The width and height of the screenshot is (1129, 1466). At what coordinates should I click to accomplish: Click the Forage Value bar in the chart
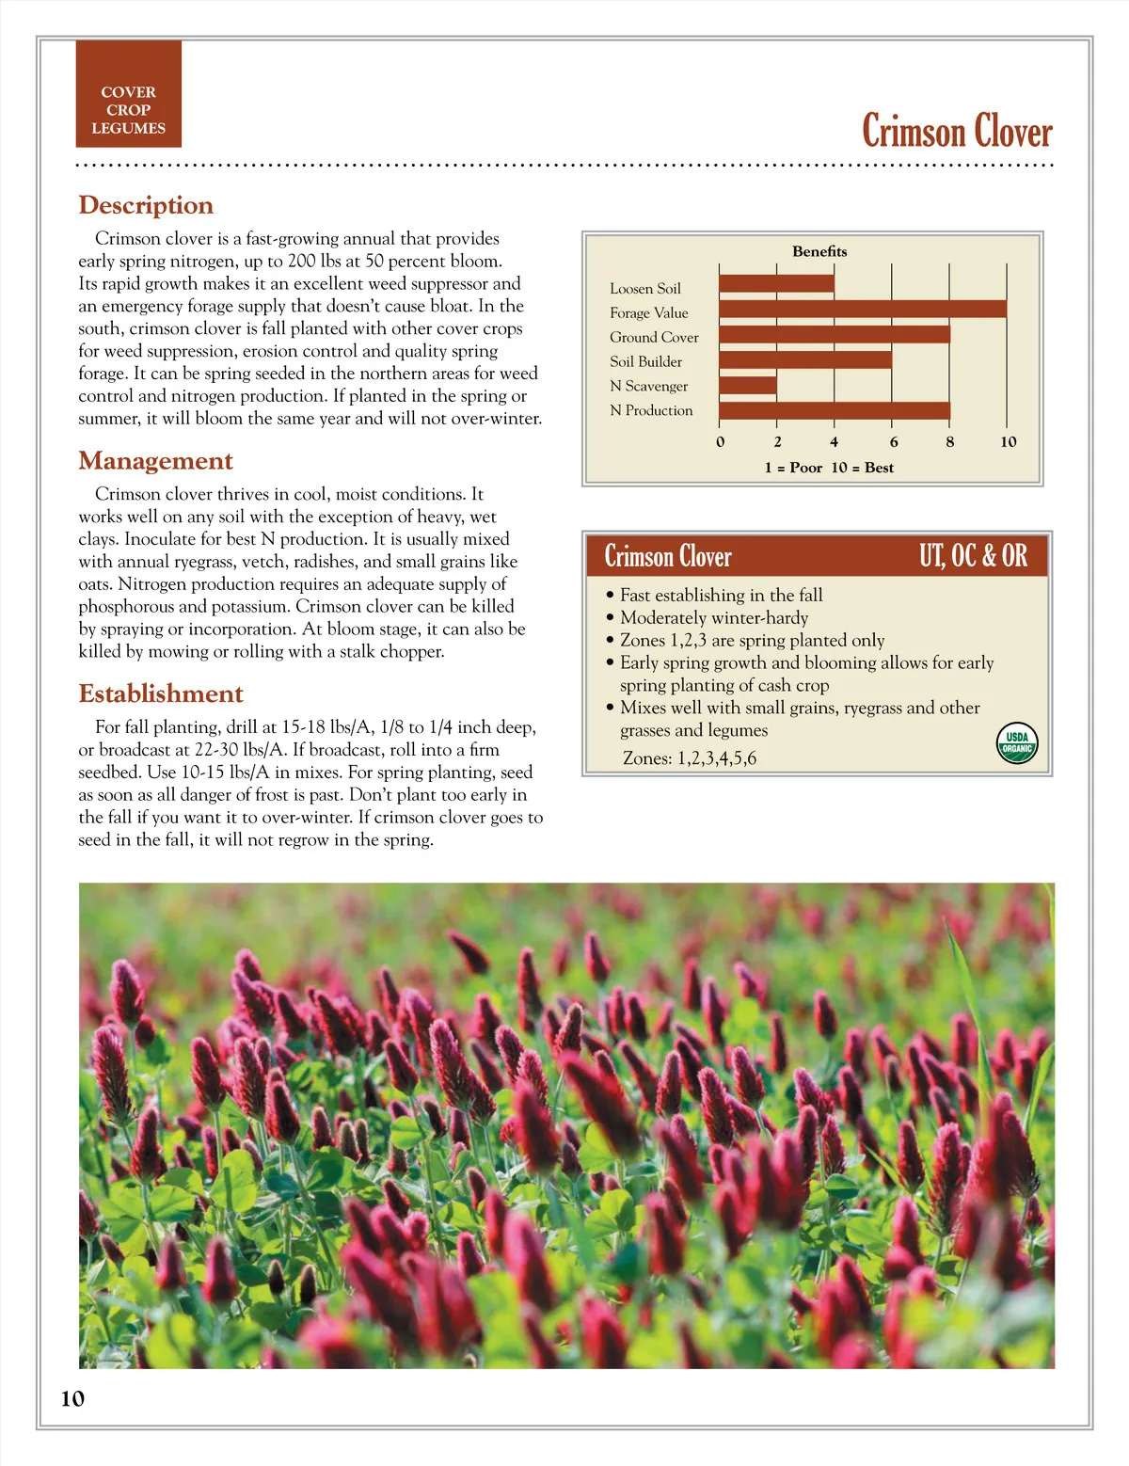pos(862,309)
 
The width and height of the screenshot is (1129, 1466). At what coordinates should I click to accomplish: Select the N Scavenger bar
pos(748,385)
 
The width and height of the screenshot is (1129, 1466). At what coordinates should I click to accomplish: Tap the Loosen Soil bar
pos(776,283)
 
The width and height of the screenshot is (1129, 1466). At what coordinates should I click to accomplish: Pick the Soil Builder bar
pos(805,359)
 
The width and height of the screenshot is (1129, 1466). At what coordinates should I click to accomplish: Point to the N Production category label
pos(651,410)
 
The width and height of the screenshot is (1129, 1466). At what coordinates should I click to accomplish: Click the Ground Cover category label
pos(654,337)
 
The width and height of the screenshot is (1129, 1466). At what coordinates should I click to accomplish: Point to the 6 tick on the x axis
pos(893,441)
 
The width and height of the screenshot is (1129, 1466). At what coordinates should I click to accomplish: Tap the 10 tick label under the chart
pos(1008,441)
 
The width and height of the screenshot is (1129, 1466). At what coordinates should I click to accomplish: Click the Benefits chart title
pos(819,251)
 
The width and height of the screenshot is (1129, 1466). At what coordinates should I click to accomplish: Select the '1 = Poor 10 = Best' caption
pos(829,468)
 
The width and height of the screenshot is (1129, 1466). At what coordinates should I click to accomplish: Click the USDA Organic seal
pos(1017,743)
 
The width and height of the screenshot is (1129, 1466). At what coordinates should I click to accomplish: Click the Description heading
pos(146,205)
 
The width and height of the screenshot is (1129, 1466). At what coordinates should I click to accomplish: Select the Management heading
pos(155,461)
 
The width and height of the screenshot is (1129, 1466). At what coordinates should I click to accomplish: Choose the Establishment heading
pos(161,694)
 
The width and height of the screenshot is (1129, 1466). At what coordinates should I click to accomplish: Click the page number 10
pos(72,1398)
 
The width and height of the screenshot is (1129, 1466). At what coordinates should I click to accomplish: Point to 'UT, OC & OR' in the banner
pos(973,556)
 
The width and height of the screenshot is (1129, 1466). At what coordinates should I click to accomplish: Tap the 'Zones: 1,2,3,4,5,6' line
pos(690,758)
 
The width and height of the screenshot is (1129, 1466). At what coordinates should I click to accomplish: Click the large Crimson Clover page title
pos(957,131)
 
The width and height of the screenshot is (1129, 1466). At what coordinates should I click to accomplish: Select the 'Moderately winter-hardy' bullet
pos(714,618)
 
